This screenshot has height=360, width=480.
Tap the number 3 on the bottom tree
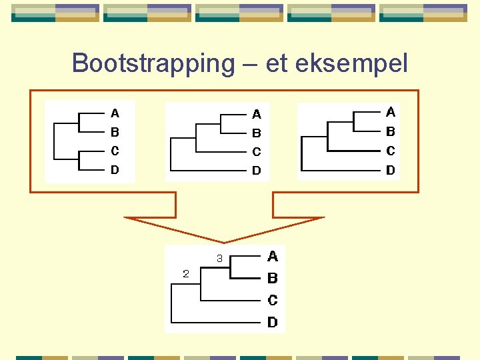(219, 258)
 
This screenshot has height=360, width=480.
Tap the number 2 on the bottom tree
(186, 273)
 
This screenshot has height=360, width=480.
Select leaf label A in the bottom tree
(273, 256)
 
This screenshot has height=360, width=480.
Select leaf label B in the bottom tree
(273, 278)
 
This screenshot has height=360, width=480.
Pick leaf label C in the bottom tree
(273, 300)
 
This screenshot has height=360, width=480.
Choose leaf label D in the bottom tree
(273, 323)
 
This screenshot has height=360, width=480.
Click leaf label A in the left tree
(115, 113)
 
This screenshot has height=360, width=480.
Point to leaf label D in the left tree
(115, 169)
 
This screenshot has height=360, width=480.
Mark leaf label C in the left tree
(115, 151)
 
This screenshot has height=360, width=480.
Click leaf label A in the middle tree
(257, 115)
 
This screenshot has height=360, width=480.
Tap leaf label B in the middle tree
(257, 133)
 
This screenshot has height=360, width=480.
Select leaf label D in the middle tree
(257, 171)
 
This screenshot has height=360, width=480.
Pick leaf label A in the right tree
(391, 112)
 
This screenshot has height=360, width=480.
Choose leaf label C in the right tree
(391, 151)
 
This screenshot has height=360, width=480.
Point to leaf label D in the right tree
(391, 170)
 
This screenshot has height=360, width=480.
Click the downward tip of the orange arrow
(225, 241)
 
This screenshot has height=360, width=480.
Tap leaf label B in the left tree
(115, 132)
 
